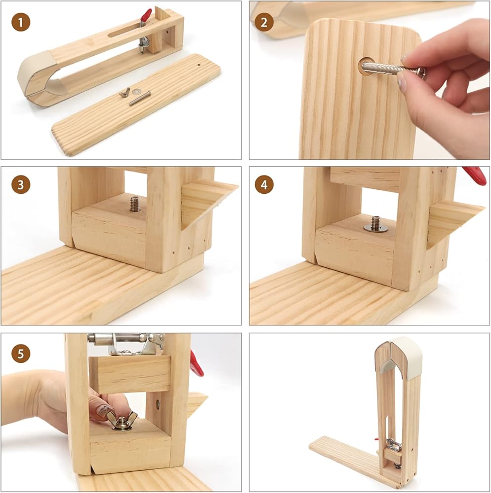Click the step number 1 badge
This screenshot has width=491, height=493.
(x=21, y=22)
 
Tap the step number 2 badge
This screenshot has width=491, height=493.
(x=264, y=22)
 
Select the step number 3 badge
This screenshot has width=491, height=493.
(x=21, y=184)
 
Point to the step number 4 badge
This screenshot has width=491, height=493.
(x=264, y=184)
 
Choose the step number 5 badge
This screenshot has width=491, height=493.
(x=21, y=353)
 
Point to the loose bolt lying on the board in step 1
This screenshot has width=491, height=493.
(x=140, y=98)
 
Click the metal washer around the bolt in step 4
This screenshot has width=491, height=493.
(x=376, y=228)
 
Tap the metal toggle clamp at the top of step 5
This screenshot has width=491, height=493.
(x=127, y=344)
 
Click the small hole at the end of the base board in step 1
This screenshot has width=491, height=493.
(x=199, y=65)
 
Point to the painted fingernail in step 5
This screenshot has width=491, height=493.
(x=102, y=409)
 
